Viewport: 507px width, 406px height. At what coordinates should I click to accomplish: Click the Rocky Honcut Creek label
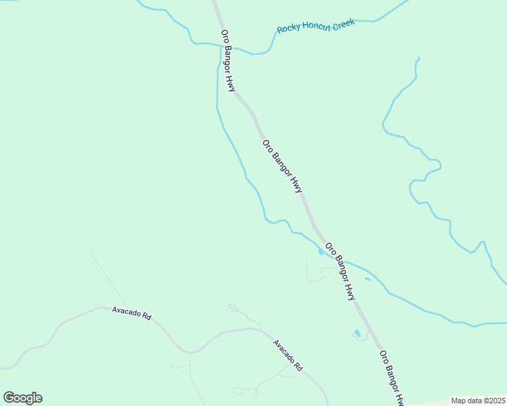[x=316, y=26]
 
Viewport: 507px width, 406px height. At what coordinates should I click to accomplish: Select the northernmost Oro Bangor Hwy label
[x=228, y=61]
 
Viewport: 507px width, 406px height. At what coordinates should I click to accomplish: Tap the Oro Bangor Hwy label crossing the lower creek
[x=340, y=271]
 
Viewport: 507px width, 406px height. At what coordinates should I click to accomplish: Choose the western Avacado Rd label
[x=131, y=313]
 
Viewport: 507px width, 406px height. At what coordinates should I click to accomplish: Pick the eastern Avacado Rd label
[x=288, y=355]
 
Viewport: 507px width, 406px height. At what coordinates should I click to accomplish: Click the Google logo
[x=22, y=398]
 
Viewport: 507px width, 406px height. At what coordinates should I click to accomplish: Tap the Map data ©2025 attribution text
[x=477, y=401]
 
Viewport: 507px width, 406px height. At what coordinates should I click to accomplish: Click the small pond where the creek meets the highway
[x=321, y=252]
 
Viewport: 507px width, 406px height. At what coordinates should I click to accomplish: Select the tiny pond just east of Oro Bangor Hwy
[x=367, y=278]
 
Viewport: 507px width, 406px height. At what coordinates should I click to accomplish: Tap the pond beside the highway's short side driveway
[x=357, y=333]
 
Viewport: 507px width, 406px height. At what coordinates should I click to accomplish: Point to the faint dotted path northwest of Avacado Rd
[x=107, y=277]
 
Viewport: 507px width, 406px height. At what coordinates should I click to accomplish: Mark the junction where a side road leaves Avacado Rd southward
[x=190, y=353]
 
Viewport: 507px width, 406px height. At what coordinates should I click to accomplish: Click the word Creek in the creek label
[x=343, y=23]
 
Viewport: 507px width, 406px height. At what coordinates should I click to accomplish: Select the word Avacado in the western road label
[x=127, y=313]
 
